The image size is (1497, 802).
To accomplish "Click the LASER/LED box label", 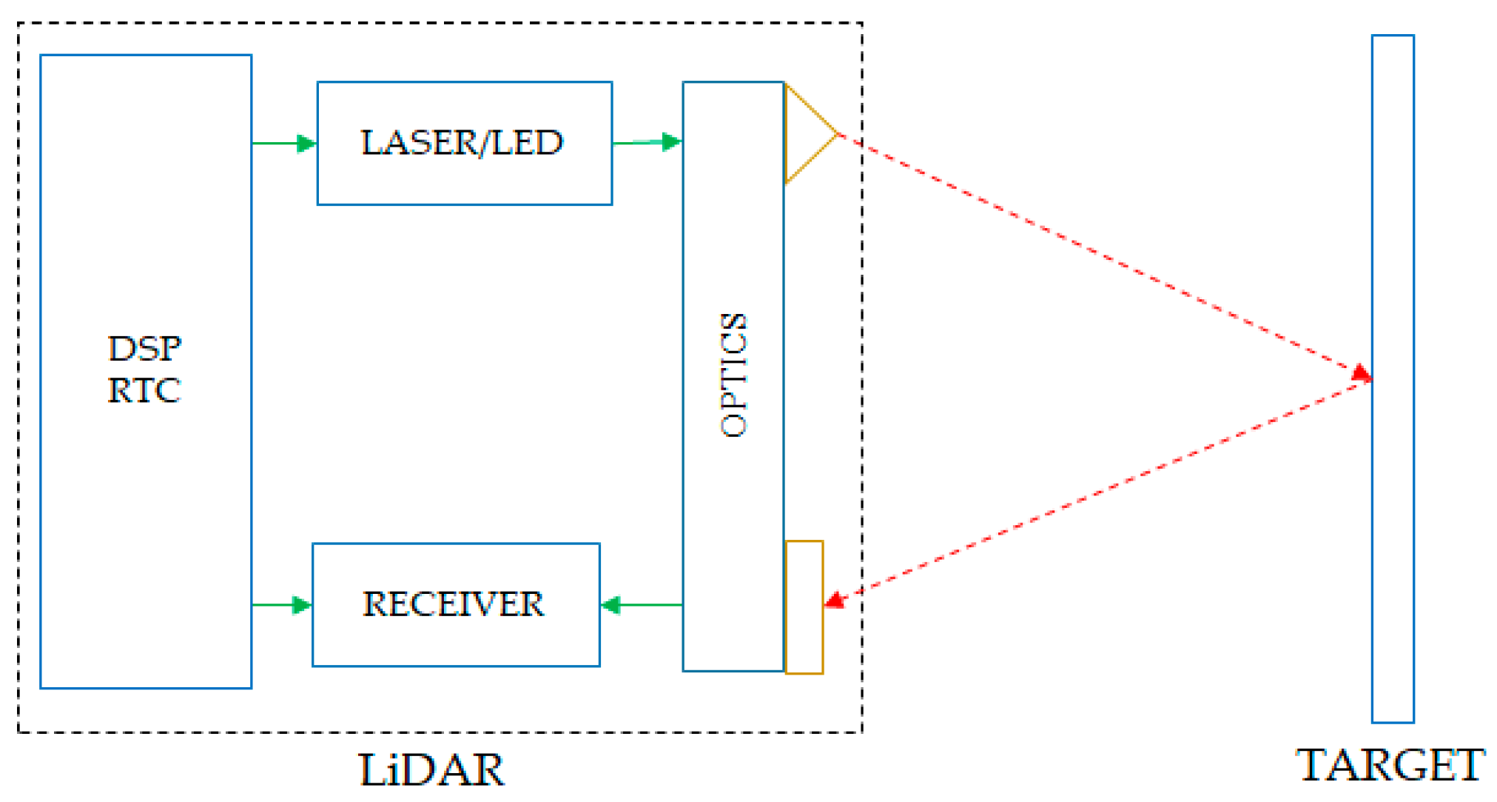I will tap(462, 142).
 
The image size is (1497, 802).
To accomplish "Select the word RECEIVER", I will tap(453, 604).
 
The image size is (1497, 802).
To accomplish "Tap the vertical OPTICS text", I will tap(734, 375).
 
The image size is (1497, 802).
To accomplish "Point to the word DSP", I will tap(144, 348).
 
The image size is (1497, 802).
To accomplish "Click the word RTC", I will tap(144, 390).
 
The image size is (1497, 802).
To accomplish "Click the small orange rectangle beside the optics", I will tap(804, 607).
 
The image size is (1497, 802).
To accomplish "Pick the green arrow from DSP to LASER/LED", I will tap(285, 143).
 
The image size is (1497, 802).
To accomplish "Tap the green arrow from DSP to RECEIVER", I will tap(282, 605).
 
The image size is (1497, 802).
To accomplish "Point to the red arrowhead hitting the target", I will tap(1362, 372).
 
